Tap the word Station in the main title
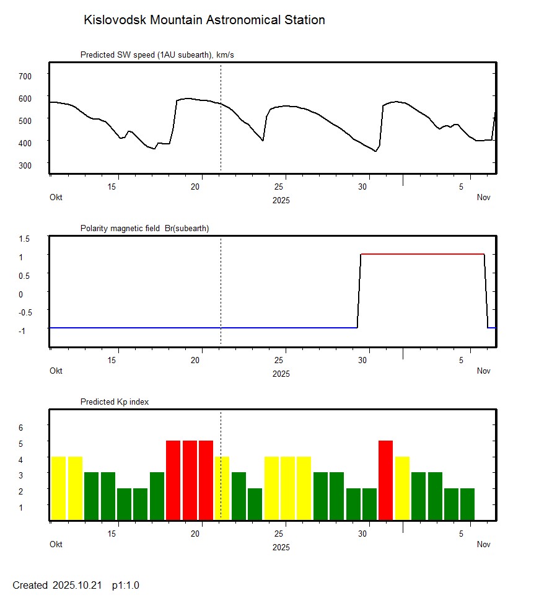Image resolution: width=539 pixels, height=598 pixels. pos(305,20)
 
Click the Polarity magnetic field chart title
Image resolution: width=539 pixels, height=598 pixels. pos(144,229)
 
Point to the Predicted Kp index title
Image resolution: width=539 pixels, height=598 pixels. pos(115,402)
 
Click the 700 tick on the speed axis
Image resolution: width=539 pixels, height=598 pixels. pos(25,76)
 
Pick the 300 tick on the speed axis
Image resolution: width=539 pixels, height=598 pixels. pos(25,165)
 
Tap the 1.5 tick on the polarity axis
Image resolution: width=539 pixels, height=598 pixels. pos(25,238)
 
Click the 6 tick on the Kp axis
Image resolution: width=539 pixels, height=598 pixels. pos(20,428)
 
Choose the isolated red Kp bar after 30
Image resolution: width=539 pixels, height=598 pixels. pos(385,480)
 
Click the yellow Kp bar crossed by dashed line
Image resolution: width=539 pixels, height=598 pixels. pos(222,488)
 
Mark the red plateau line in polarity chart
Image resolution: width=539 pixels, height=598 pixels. pos(421,254)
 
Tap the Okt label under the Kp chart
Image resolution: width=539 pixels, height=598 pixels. pos(56,545)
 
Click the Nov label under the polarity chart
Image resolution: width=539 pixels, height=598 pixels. pos(484,371)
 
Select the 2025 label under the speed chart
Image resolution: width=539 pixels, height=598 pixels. pos(281,200)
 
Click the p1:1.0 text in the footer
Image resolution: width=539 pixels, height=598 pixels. pos(126,586)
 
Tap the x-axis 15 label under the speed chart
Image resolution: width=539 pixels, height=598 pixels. pos(112,187)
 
